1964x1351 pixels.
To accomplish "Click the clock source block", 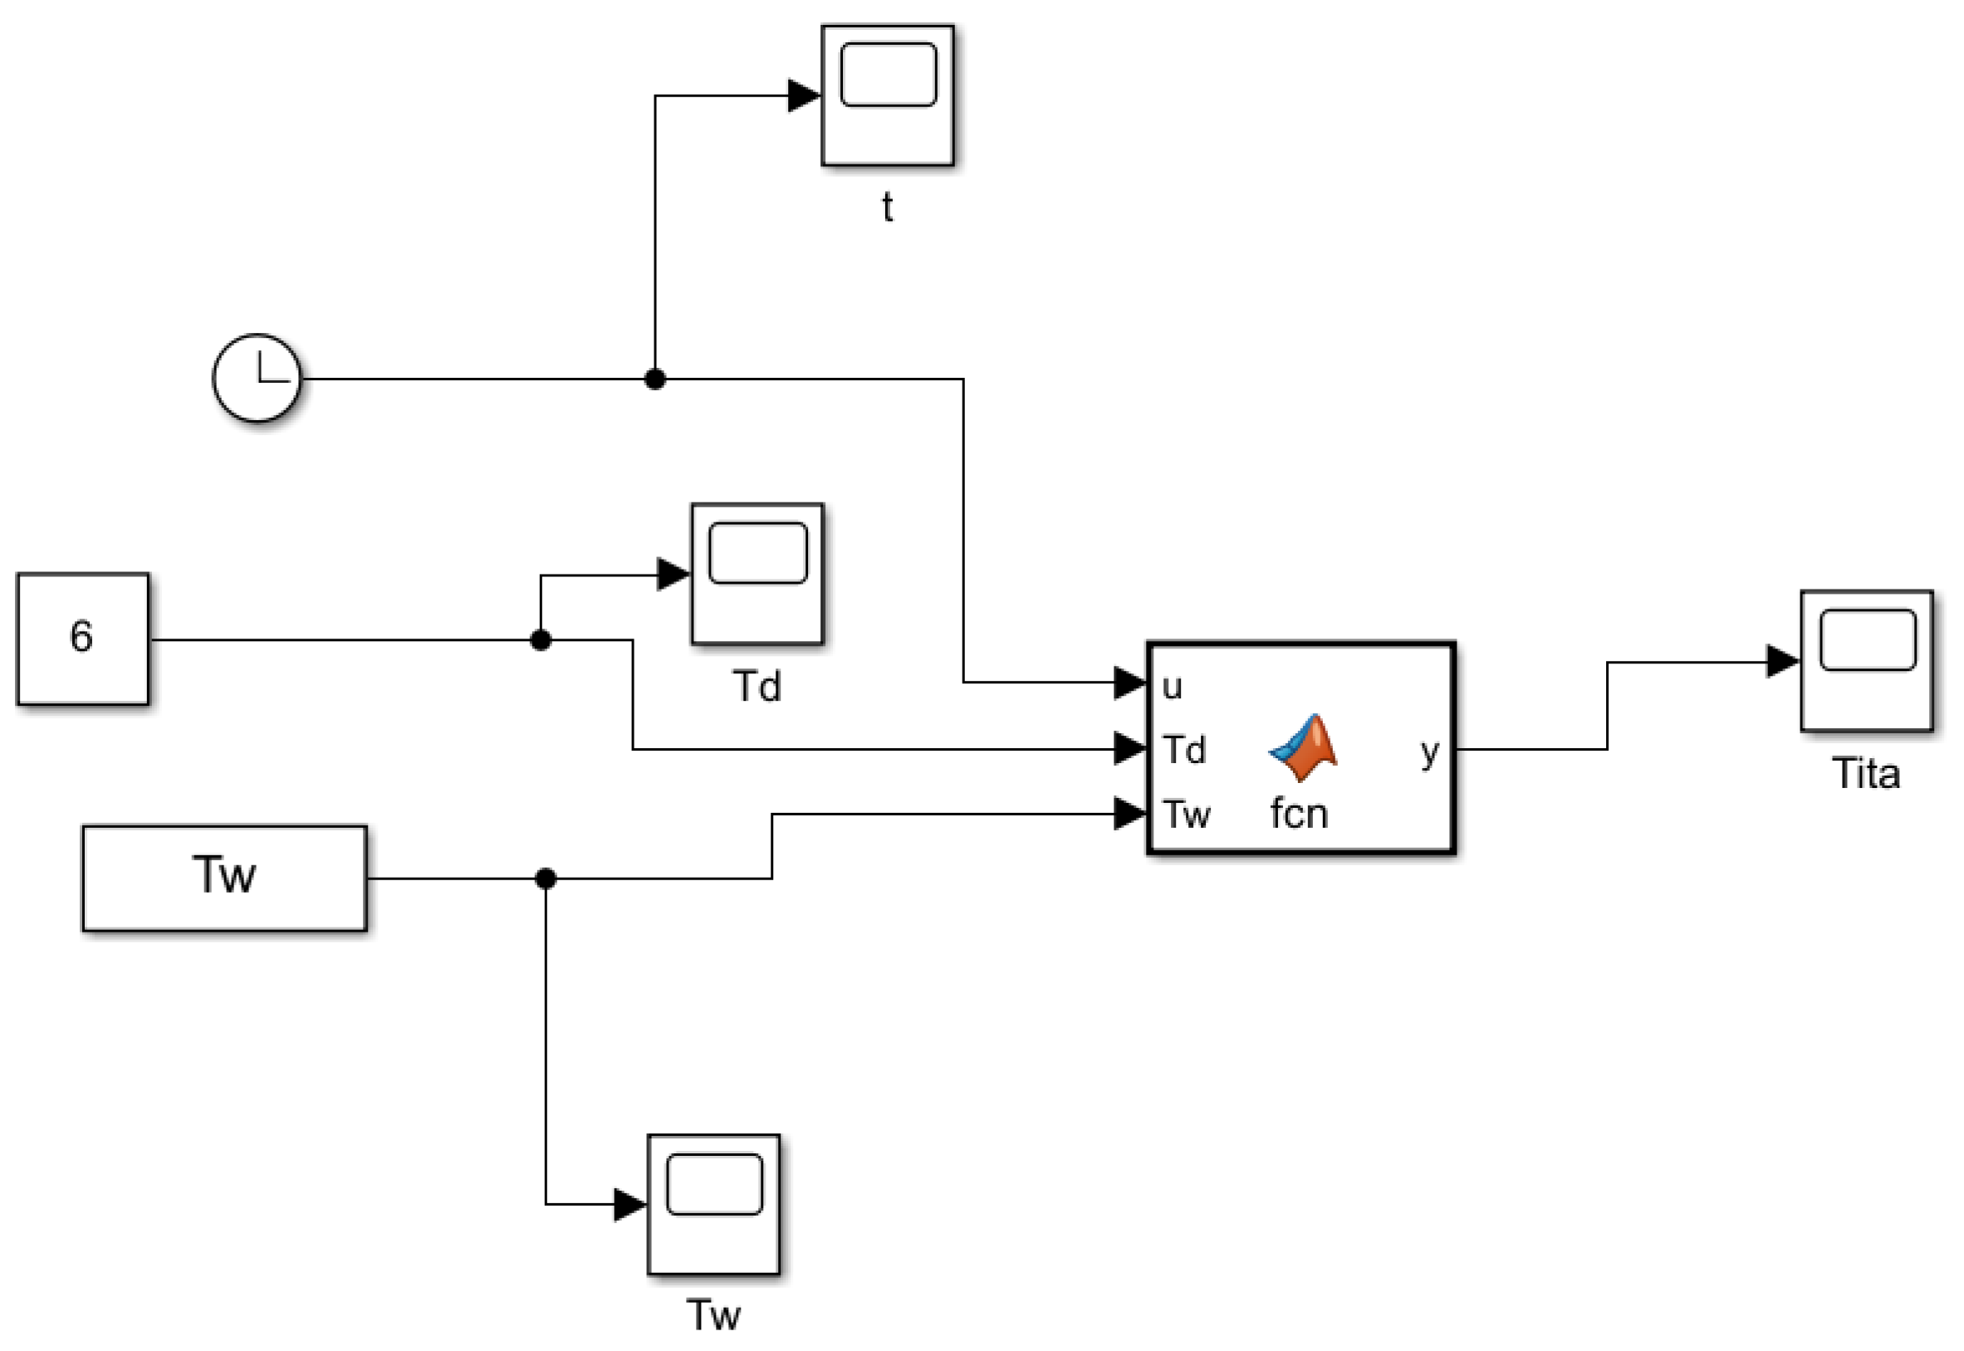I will pos(257,379).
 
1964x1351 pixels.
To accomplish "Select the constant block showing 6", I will pos(83,639).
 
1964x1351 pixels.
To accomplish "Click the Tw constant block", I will pos(224,878).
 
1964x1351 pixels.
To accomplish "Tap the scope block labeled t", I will pos(887,95).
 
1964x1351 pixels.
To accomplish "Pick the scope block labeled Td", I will pos(757,574).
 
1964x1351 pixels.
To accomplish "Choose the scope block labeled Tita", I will pos(1867,661).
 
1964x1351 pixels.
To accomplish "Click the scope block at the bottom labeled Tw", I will pos(713,1204).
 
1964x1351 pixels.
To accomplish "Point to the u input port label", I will pos(1173,688).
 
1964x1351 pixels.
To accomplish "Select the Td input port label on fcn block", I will pos(1183,750).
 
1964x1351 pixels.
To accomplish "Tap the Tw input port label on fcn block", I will pos(1186,815).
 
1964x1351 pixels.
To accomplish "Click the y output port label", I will pos(1430,751).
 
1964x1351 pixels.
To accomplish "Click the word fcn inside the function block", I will pos(1299,815).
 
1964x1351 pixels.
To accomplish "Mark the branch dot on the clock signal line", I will pos(654,379).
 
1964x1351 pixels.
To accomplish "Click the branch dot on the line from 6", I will pos(541,640).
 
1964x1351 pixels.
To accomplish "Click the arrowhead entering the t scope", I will pos(804,95).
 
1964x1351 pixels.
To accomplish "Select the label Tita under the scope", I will pos(1867,774).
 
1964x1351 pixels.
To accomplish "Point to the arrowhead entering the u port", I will pos(1130,683).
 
